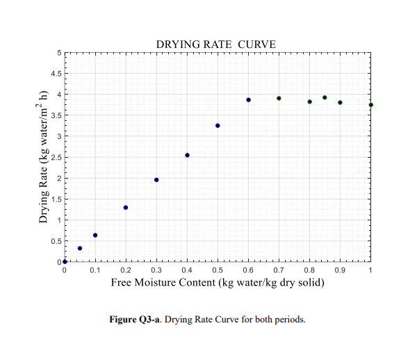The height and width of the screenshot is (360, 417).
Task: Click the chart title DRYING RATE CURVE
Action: tap(216, 44)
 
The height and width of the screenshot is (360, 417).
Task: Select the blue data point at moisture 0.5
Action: tap(218, 126)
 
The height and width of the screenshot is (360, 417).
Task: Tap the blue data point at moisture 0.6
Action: tap(248, 99)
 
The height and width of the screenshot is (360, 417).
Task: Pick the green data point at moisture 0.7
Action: tap(279, 98)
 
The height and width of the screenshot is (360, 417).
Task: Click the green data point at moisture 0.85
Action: tap(325, 97)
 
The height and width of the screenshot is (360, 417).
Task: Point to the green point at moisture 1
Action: tap(370, 105)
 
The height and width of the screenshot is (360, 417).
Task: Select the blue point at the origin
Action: tap(65, 261)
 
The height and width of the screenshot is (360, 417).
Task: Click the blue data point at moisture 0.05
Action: tap(80, 248)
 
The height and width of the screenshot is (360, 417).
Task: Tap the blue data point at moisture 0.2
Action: tap(126, 207)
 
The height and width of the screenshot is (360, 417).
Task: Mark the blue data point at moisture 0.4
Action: tap(187, 155)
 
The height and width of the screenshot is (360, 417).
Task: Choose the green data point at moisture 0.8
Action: tap(309, 101)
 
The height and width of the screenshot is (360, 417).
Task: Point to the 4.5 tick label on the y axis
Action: tap(56, 74)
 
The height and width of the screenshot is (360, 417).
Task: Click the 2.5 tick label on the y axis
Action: tap(56, 157)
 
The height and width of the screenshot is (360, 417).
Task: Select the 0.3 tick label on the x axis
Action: tap(156, 270)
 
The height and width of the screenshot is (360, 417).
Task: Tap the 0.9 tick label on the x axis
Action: tap(340, 270)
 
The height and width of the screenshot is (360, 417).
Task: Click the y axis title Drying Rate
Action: tap(42, 195)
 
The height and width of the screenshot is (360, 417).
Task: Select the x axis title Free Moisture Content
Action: tap(163, 282)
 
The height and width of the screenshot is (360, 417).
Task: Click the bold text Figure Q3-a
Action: tap(135, 319)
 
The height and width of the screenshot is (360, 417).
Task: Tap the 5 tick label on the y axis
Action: tap(59, 53)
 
